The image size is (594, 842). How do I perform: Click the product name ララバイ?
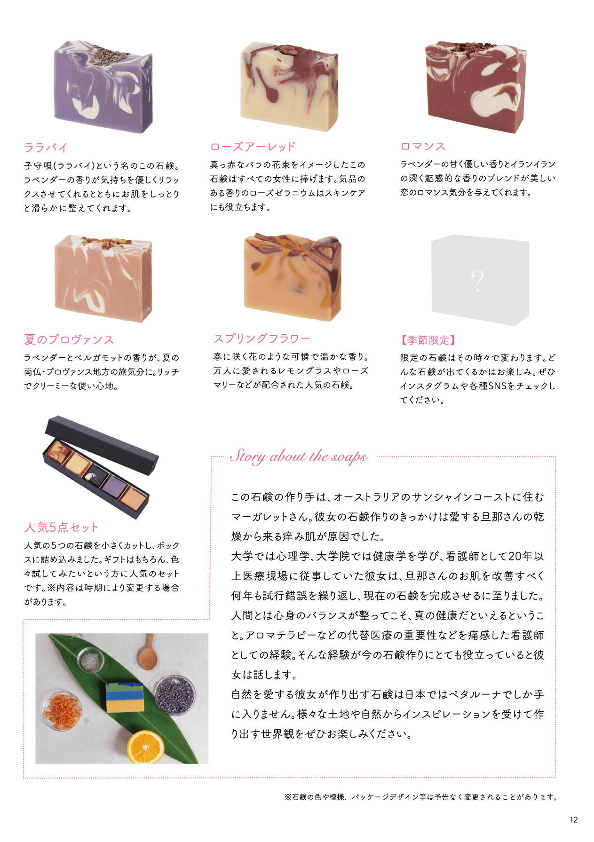(x=46, y=148)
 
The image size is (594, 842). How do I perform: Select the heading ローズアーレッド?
(x=253, y=147)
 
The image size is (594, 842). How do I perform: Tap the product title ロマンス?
(x=423, y=146)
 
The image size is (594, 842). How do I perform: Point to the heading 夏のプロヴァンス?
(x=69, y=339)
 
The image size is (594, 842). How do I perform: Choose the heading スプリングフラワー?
(x=261, y=338)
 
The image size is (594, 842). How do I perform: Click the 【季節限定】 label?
(x=428, y=340)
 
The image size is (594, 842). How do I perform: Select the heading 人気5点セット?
(x=61, y=527)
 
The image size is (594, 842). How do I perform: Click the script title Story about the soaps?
(x=299, y=456)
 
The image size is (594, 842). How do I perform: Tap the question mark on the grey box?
(x=478, y=281)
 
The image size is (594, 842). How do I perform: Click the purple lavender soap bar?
(x=103, y=87)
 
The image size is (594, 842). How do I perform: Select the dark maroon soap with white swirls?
(x=475, y=87)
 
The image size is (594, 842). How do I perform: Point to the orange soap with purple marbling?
(x=292, y=277)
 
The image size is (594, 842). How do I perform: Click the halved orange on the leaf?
(x=145, y=747)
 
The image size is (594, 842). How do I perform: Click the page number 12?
(x=574, y=820)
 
